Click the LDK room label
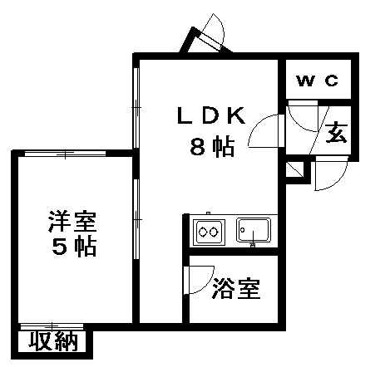point(211,115)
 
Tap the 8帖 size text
point(212,147)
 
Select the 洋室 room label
point(72,222)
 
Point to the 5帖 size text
point(74,246)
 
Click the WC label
point(318,81)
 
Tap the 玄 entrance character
point(336,132)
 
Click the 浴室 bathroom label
point(236,289)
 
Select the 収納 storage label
point(53,341)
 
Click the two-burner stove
point(209,232)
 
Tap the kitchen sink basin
point(254,230)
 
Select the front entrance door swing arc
point(338,180)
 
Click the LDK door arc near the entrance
point(257,125)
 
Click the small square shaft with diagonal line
point(294,169)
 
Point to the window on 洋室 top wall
point(65,154)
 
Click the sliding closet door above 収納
point(52,326)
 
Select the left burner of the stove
point(203,232)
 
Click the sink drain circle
point(243,230)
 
